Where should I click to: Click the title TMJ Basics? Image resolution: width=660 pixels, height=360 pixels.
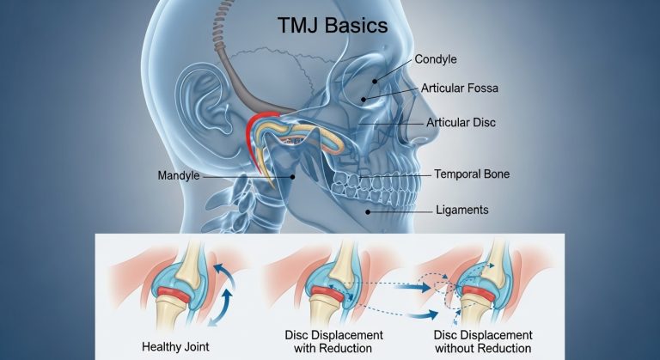coord(332,26)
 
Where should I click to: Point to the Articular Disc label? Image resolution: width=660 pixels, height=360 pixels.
coord(461,123)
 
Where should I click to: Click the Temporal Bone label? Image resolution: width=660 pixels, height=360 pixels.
coord(472,174)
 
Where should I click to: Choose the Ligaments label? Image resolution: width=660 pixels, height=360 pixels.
coord(462,210)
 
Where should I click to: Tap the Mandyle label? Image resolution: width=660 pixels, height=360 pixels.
coord(180,176)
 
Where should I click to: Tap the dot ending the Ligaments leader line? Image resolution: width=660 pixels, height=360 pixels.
coord(369,211)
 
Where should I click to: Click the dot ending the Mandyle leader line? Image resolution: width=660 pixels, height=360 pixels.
coord(292,176)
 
